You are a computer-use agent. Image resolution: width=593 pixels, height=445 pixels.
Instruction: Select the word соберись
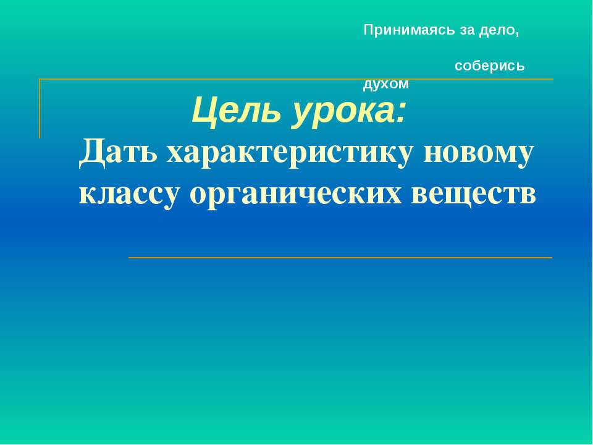490,66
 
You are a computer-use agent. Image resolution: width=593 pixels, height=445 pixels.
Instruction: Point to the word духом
386,84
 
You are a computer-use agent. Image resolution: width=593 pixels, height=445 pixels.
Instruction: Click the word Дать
117,153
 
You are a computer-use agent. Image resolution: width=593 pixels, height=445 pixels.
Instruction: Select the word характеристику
290,153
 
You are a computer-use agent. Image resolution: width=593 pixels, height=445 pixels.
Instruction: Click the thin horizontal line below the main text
340,257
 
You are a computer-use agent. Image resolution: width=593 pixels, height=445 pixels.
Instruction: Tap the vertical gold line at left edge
40,108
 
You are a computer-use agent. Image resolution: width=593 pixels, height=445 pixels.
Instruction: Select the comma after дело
516,33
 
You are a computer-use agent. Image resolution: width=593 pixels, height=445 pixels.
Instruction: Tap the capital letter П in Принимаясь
368,30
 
